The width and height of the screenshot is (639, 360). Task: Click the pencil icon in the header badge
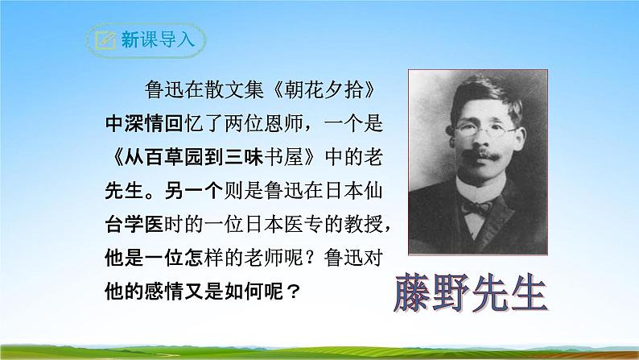[x=104, y=40]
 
